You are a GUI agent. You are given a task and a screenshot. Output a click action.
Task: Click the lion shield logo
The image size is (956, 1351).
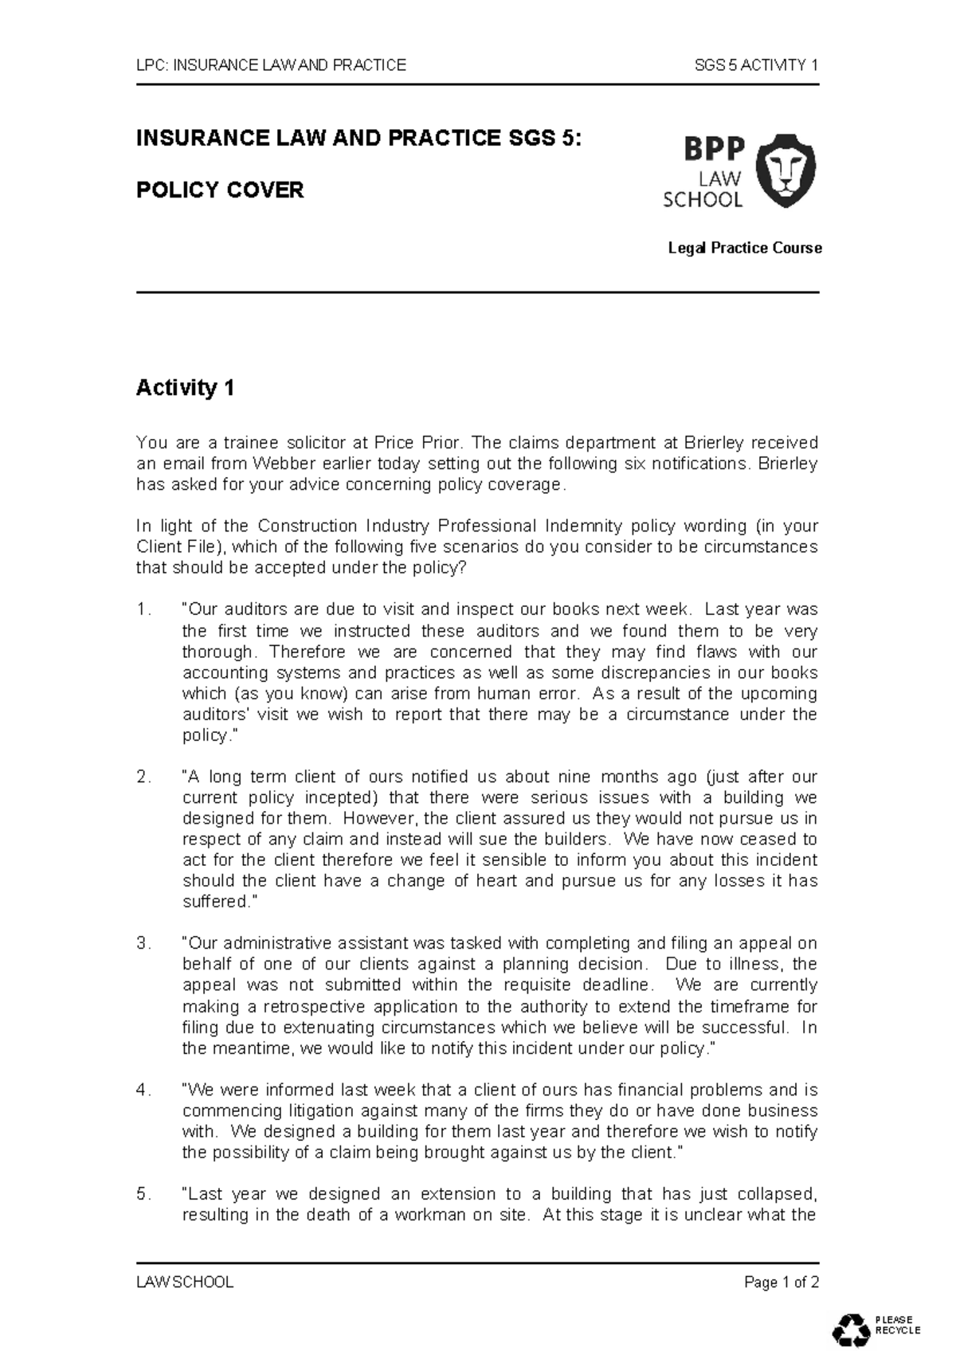click(x=786, y=170)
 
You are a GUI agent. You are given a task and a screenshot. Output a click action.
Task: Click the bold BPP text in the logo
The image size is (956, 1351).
click(x=703, y=148)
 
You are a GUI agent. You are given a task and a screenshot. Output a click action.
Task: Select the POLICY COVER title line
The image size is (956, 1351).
click(x=220, y=190)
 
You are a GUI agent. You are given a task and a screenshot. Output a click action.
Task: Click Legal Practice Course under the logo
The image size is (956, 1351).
click(x=744, y=249)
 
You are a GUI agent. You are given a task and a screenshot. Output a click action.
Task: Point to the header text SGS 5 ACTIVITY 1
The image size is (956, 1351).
click(x=756, y=65)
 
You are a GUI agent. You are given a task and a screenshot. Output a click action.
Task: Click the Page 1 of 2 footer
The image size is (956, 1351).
click(x=781, y=1282)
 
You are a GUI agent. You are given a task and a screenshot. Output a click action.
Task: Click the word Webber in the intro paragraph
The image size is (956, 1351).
click(x=279, y=464)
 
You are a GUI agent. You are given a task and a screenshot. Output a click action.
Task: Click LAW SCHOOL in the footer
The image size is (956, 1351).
click(x=185, y=1282)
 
